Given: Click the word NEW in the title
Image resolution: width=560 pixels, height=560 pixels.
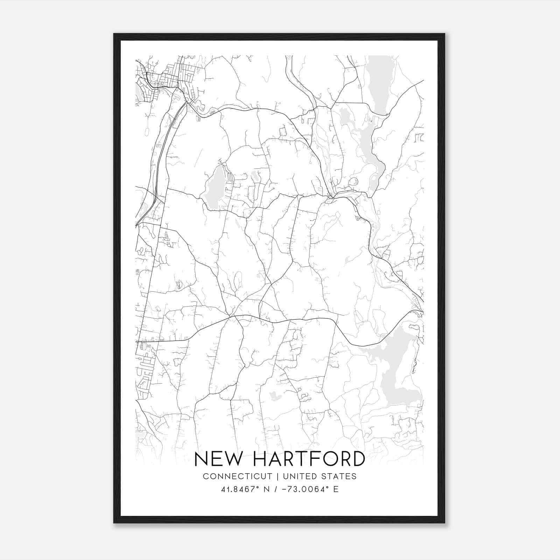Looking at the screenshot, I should (x=217, y=459).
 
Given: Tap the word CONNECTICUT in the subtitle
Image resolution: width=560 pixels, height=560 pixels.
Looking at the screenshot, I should (x=237, y=476).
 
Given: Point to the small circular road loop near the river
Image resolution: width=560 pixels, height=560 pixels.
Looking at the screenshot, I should (x=354, y=182).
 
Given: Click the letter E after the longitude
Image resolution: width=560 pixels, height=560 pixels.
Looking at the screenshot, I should (x=336, y=489).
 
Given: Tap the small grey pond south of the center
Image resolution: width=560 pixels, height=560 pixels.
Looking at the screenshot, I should (x=275, y=396).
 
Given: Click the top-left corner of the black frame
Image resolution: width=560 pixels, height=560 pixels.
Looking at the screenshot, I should (x=114, y=34).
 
